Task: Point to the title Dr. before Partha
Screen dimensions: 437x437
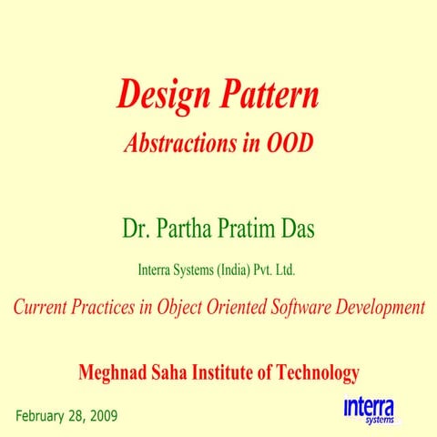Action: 137,228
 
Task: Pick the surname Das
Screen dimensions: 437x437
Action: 296,228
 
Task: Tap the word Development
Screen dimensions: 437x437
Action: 381,307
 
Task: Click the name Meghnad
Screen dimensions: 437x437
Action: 116,372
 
